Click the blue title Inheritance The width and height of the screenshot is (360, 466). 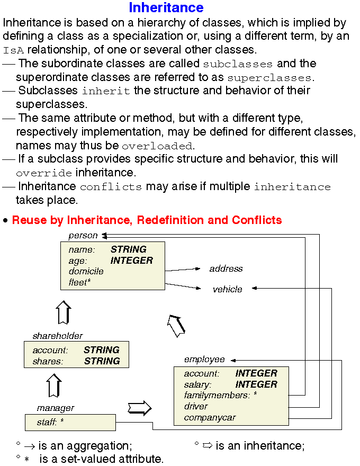point(166,8)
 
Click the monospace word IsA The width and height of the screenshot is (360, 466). point(13,51)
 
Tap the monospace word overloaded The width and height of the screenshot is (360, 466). point(157,146)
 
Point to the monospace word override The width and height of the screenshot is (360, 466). point(44,173)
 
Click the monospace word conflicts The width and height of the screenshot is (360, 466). point(111,187)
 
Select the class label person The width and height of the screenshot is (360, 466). point(83,235)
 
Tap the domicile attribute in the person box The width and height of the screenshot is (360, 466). point(86,271)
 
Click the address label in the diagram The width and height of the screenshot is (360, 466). point(226,268)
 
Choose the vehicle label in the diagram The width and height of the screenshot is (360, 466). point(228,289)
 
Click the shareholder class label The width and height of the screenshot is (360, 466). point(58,336)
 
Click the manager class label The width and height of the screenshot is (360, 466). point(56,408)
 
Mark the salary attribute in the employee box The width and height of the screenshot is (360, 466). point(197,384)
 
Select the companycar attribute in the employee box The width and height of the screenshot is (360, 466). point(210,417)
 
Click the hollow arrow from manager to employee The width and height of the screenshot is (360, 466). point(139,408)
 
